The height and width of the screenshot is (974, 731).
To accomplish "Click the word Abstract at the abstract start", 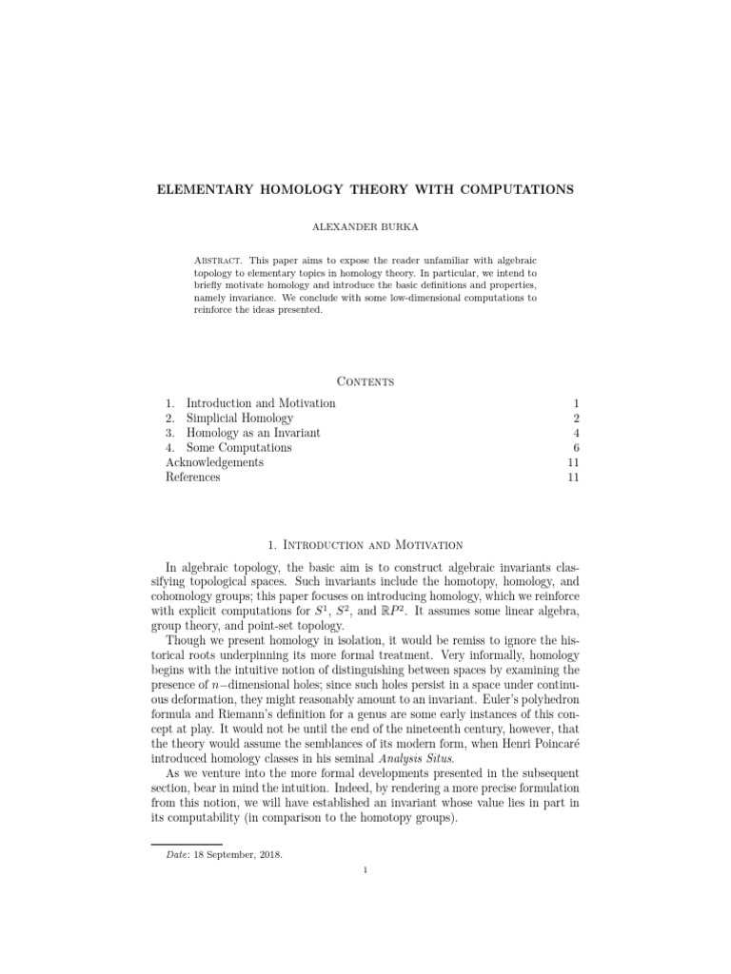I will coord(217,260).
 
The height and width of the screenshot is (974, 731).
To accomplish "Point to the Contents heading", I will coord(365,380).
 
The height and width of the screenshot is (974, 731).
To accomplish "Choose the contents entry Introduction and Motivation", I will coord(260,403).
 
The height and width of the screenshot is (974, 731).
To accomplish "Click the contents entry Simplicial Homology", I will coord(239,419).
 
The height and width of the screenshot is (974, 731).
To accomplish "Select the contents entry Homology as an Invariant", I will coord(253,433).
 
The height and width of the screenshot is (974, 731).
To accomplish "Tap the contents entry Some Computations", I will coord(238,448).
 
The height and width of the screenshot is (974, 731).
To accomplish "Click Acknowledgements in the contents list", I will coord(214,462).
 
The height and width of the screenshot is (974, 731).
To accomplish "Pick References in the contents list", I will coord(192,477).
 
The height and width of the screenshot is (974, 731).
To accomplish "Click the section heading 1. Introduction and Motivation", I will coord(365,545).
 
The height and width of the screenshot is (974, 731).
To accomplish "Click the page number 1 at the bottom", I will coord(365,895).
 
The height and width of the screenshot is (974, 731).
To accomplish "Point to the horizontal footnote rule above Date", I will coord(187,843).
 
